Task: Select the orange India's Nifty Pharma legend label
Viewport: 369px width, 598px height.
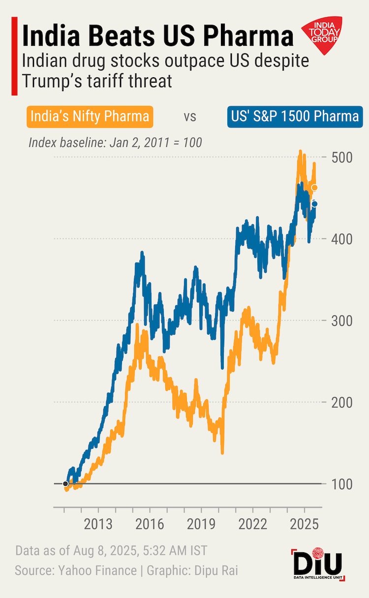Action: coord(90,117)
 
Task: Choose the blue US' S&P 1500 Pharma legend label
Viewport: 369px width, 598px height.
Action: coord(293,117)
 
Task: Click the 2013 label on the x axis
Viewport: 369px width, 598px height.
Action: coord(98,524)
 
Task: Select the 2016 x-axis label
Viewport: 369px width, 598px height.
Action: coord(150,524)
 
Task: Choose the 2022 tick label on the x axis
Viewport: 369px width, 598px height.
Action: coord(252,524)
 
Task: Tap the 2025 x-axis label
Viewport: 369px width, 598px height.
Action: coord(304,524)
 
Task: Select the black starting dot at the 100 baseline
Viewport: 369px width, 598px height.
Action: coord(65,484)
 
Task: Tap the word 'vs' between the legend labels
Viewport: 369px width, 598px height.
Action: coord(190,117)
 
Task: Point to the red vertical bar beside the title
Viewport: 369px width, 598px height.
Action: coord(14,55)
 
